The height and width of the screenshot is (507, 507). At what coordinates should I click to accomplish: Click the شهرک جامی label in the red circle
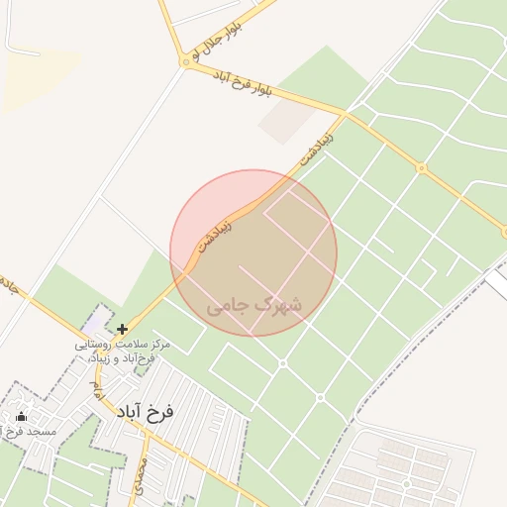click(254, 307)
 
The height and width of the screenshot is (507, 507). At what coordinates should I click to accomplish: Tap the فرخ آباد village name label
click(144, 411)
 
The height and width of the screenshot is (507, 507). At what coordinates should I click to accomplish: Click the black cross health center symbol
click(122, 329)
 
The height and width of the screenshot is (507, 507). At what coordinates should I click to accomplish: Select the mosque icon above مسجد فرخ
click(22, 417)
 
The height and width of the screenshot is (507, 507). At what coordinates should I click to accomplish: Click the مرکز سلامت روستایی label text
click(122, 344)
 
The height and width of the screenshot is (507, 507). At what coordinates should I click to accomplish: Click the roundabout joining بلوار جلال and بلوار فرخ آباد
click(185, 61)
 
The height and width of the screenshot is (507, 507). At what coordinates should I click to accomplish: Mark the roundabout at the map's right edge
click(504, 233)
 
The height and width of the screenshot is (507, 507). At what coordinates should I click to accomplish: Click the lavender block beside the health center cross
click(95, 320)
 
